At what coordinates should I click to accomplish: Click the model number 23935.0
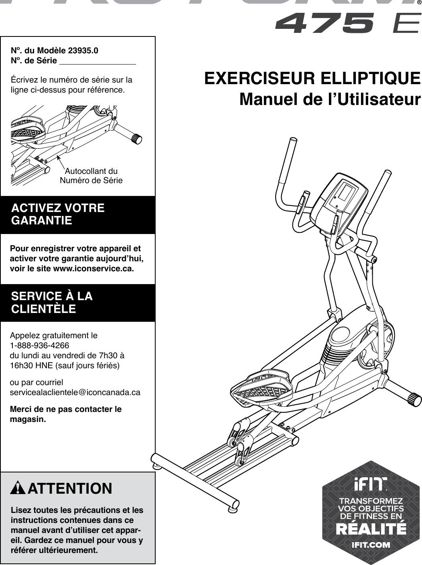tap(83, 51)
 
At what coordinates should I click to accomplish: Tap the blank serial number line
tap(97, 61)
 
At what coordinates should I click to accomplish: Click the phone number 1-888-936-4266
tap(39, 345)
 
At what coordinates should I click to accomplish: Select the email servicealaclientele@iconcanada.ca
tap(75, 392)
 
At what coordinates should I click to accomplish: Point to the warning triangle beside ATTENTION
tap(18, 488)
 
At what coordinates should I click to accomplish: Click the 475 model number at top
tap(324, 23)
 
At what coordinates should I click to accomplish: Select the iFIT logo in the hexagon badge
tap(370, 484)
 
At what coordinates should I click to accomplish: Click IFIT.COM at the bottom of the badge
tap(371, 545)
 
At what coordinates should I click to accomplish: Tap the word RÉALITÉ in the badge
tap(371, 529)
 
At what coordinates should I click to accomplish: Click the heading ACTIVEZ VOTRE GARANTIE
tap(58, 214)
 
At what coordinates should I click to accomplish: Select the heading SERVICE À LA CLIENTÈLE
tap(52, 303)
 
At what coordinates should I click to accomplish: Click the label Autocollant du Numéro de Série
tap(91, 176)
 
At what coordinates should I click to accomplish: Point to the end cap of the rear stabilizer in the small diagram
tap(137, 139)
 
